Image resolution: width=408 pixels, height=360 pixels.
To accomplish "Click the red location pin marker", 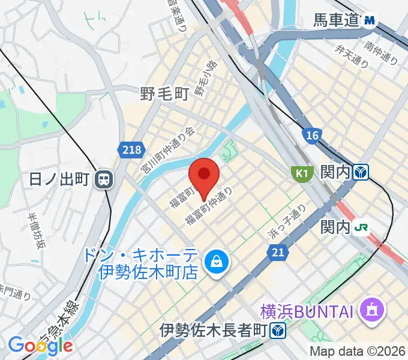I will (203, 176).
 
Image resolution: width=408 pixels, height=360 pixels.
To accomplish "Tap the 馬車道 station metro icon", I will (370, 21).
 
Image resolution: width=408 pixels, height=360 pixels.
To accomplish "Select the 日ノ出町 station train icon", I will (104, 178).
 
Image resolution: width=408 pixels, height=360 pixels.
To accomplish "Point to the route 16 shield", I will (310, 136).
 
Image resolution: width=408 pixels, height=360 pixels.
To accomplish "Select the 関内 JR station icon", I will (361, 228).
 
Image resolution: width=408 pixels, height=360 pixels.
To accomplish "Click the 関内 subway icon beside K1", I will (361, 173).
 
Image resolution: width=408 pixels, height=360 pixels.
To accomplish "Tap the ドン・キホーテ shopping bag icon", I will (213, 261).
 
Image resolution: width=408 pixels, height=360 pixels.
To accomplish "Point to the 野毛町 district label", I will (164, 94).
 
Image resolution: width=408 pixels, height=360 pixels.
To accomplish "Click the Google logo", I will (40, 345).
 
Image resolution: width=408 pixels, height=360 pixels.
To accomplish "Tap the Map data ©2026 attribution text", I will (358, 351).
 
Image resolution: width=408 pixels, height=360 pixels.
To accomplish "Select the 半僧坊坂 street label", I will (37, 230).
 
